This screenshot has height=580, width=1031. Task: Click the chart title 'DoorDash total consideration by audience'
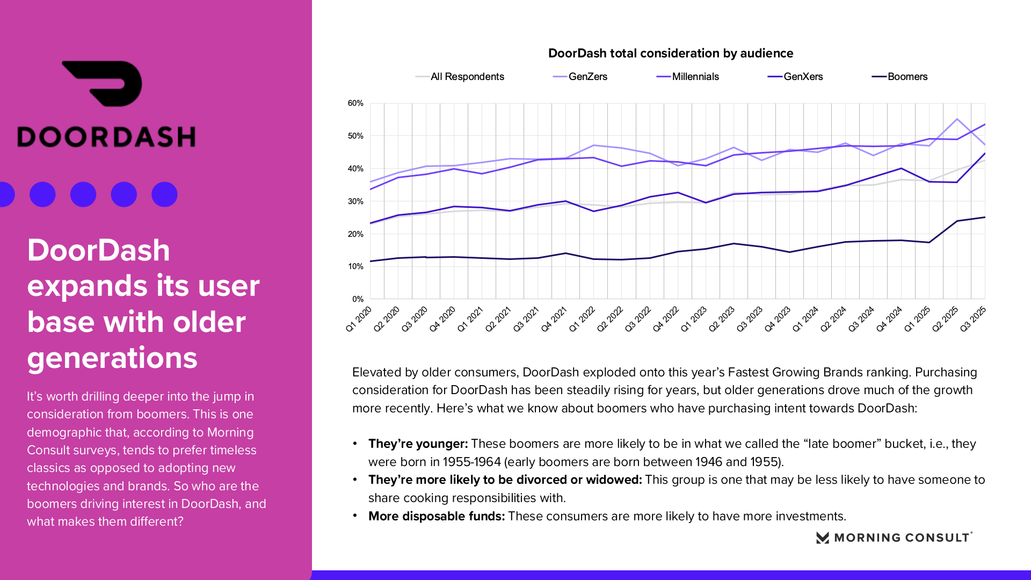[670, 53]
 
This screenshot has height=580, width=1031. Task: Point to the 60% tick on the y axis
[355, 103]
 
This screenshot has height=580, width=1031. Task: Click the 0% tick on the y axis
[358, 299]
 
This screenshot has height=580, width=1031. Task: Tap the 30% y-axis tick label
[355, 201]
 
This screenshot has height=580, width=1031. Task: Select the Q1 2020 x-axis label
[359, 319]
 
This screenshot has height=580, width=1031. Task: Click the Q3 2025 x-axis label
[972, 319]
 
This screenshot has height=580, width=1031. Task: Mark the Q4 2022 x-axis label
[666, 319]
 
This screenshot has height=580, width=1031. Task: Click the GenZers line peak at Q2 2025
[957, 119]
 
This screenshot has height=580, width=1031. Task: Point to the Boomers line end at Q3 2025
[984, 218]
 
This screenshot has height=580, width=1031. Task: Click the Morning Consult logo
[894, 538]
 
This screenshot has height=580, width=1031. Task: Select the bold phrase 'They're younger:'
[418, 444]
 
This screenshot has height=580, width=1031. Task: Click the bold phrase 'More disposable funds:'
[436, 516]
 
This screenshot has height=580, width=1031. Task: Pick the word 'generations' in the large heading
[112, 358]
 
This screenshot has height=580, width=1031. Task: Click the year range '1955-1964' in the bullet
[471, 462]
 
